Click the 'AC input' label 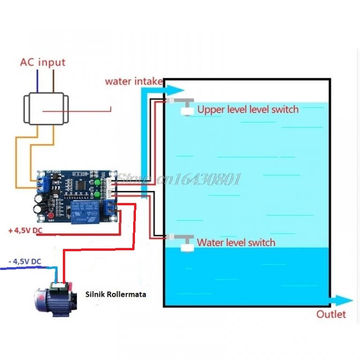click(x=42, y=62)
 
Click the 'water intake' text click(x=134, y=81)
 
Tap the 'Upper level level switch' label click(x=247, y=110)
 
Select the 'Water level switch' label click(x=236, y=243)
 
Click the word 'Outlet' click(x=331, y=314)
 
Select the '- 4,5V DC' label click(x=24, y=262)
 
